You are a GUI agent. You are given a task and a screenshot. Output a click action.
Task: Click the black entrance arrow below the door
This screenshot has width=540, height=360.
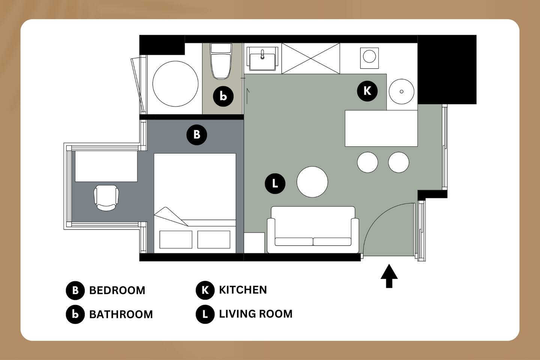pyautogui.click(x=389, y=276)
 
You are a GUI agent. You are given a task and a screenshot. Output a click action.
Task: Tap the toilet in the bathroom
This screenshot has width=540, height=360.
pyautogui.click(x=221, y=61)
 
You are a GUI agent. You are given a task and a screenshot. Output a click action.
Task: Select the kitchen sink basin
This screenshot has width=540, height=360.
pyautogui.click(x=262, y=59)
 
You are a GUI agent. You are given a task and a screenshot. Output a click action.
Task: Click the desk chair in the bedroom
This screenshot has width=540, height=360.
pyautogui.click(x=106, y=198)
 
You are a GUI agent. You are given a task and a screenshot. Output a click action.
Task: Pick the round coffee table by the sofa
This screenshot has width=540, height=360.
pyautogui.click(x=312, y=182)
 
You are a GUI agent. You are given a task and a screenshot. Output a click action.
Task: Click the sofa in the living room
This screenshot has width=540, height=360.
pyautogui.click(x=313, y=229)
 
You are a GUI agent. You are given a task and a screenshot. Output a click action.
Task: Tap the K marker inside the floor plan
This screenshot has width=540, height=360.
pyautogui.click(x=367, y=91)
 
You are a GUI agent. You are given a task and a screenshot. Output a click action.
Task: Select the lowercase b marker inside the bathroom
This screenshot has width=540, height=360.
pyautogui.click(x=223, y=96)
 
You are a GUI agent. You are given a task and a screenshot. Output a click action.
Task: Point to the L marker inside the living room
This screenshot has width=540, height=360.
pyautogui.click(x=275, y=184)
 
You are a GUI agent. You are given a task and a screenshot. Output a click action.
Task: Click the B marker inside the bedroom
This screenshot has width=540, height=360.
pyautogui.click(x=197, y=135)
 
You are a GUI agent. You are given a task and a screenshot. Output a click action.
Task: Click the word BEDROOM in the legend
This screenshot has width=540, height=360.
pyautogui.click(x=117, y=290)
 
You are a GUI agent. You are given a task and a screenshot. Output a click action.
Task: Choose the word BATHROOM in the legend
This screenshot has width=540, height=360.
pyautogui.click(x=121, y=314)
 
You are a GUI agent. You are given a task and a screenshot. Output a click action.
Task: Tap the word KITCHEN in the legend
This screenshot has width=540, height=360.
pyautogui.click(x=243, y=290)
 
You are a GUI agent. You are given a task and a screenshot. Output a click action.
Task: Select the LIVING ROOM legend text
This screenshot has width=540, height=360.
pyautogui.click(x=255, y=314)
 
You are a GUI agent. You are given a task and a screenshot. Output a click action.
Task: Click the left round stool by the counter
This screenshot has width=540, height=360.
pyautogui.click(x=367, y=162)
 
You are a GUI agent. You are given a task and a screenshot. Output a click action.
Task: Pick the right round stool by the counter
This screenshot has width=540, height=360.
pyautogui.click(x=399, y=162)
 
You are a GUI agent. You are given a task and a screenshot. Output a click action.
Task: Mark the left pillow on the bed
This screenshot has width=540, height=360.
pyautogui.click(x=176, y=239)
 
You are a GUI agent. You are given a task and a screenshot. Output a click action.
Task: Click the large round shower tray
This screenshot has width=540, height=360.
pyautogui.click(x=175, y=84)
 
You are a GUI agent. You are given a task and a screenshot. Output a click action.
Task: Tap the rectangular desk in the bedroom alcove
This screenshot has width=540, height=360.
pyautogui.click(x=106, y=166)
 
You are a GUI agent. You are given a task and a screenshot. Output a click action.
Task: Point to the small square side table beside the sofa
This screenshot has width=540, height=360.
pyautogui.click(x=254, y=243)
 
